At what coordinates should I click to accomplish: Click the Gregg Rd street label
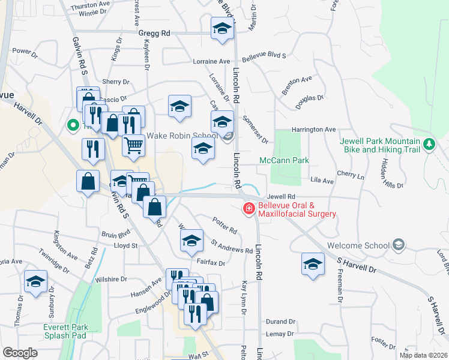(155, 34)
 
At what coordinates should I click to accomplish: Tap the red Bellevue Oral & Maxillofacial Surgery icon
(248, 209)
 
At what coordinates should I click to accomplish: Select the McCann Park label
(284, 160)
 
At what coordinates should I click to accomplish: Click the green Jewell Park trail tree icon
(429, 144)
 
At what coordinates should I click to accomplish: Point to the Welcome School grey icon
(398, 245)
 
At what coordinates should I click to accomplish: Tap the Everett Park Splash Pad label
(66, 331)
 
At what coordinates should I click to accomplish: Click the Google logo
(20, 353)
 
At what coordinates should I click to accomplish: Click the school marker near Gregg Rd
(222, 28)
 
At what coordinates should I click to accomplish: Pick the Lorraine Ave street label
(212, 61)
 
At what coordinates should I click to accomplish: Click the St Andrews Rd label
(232, 247)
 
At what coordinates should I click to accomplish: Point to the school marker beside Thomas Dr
(36, 281)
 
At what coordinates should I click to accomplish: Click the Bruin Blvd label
(116, 235)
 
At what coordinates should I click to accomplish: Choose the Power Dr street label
(25, 51)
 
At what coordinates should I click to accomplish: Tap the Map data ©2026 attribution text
(423, 355)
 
